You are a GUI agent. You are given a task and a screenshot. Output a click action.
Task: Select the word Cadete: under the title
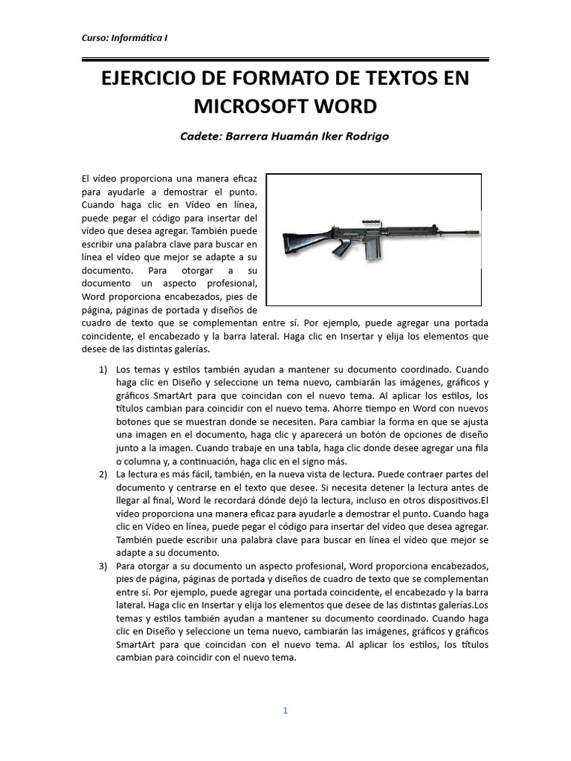(202, 137)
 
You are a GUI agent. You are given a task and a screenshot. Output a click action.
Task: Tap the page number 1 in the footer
(285, 710)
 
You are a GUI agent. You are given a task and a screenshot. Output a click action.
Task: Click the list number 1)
(104, 369)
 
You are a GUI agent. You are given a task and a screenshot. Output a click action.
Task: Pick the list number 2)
(104, 474)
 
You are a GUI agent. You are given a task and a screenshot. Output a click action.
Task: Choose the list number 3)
(104, 566)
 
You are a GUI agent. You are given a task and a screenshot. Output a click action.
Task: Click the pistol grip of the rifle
(341, 247)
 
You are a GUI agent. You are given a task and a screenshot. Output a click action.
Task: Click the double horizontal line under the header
(285, 59)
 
